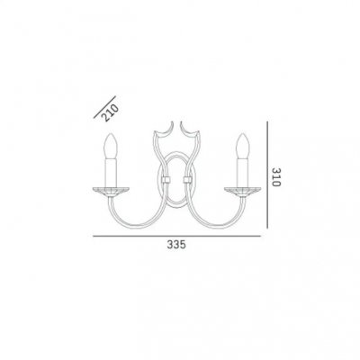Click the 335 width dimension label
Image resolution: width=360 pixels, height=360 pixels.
point(176,245)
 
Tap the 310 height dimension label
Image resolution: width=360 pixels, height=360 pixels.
point(276,176)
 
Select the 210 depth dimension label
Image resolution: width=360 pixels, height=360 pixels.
point(110,113)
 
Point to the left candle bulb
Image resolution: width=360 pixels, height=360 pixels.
point(111,146)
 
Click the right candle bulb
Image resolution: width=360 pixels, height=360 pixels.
point(243,146)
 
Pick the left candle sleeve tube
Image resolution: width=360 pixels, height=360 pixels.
point(111,173)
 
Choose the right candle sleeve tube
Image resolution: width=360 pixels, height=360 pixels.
point(243,173)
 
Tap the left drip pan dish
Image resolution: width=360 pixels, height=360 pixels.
point(111,192)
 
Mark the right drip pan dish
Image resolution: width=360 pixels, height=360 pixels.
point(243,192)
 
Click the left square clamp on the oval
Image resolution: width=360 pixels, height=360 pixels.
point(166,180)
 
